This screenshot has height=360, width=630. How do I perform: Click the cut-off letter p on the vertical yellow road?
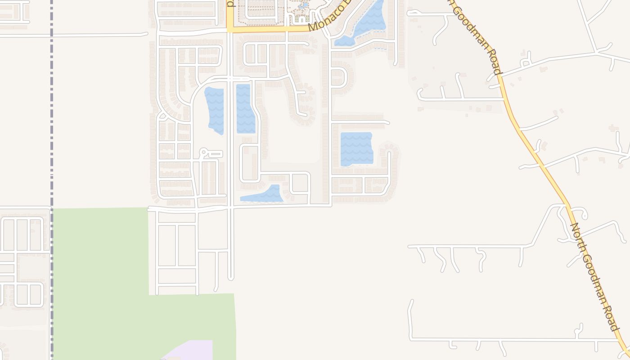(x=230, y=4)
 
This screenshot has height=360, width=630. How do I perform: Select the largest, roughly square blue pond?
(x=356, y=148)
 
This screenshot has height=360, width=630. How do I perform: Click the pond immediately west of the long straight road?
(x=215, y=111)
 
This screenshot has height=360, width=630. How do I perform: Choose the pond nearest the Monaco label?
(x=367, y=22)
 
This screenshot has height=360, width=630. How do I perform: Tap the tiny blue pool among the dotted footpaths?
(x=304, y=6)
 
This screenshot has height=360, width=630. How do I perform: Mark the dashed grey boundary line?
(x=52, y=135)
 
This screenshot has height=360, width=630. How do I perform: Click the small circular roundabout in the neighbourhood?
(x=203, y=152)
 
